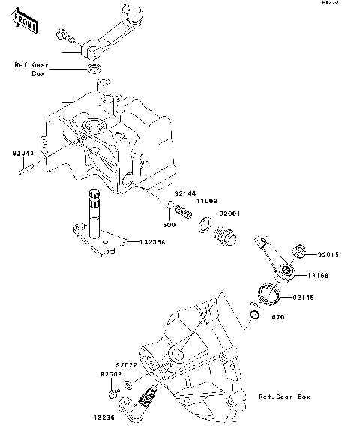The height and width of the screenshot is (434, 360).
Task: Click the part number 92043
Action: point(22,152)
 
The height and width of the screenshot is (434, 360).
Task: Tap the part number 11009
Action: point(207,202)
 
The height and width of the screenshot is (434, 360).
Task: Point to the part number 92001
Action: point(229,214)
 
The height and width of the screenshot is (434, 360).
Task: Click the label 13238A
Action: point(151,243)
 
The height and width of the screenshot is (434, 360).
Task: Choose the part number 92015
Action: point(328,255)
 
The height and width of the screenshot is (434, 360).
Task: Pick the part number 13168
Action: point(319,276)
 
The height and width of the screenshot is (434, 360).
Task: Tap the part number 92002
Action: point(112,373)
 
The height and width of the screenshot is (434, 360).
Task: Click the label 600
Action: point(170,224)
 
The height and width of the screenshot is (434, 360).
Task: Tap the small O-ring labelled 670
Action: point(255,316)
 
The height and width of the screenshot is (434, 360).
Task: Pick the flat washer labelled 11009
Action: point(204,223)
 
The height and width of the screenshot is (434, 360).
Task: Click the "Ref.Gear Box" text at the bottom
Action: point(283,396)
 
